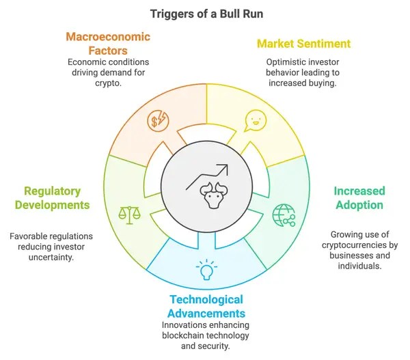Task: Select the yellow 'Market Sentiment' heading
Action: tap(303, 44)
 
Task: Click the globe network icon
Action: tap(283, 215)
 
